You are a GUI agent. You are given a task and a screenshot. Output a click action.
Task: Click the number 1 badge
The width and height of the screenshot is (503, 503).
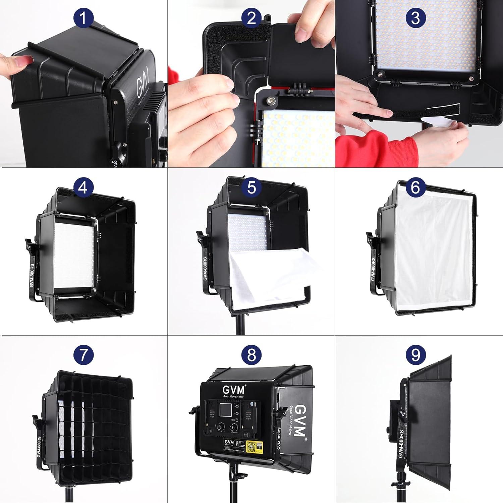(x=83, y=18)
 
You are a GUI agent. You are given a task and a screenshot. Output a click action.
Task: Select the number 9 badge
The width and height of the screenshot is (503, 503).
(x=415, y=354)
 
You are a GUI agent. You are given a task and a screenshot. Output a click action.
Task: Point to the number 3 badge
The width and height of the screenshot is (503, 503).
(x=415, y=17)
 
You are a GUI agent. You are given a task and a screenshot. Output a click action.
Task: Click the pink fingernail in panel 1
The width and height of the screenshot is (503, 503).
(x=25, y=60)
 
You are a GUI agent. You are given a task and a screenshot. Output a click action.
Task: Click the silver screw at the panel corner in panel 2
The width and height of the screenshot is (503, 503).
(x=270, y=100)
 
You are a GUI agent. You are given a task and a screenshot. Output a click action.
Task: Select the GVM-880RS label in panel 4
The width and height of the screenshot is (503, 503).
(x=32, y=275)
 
